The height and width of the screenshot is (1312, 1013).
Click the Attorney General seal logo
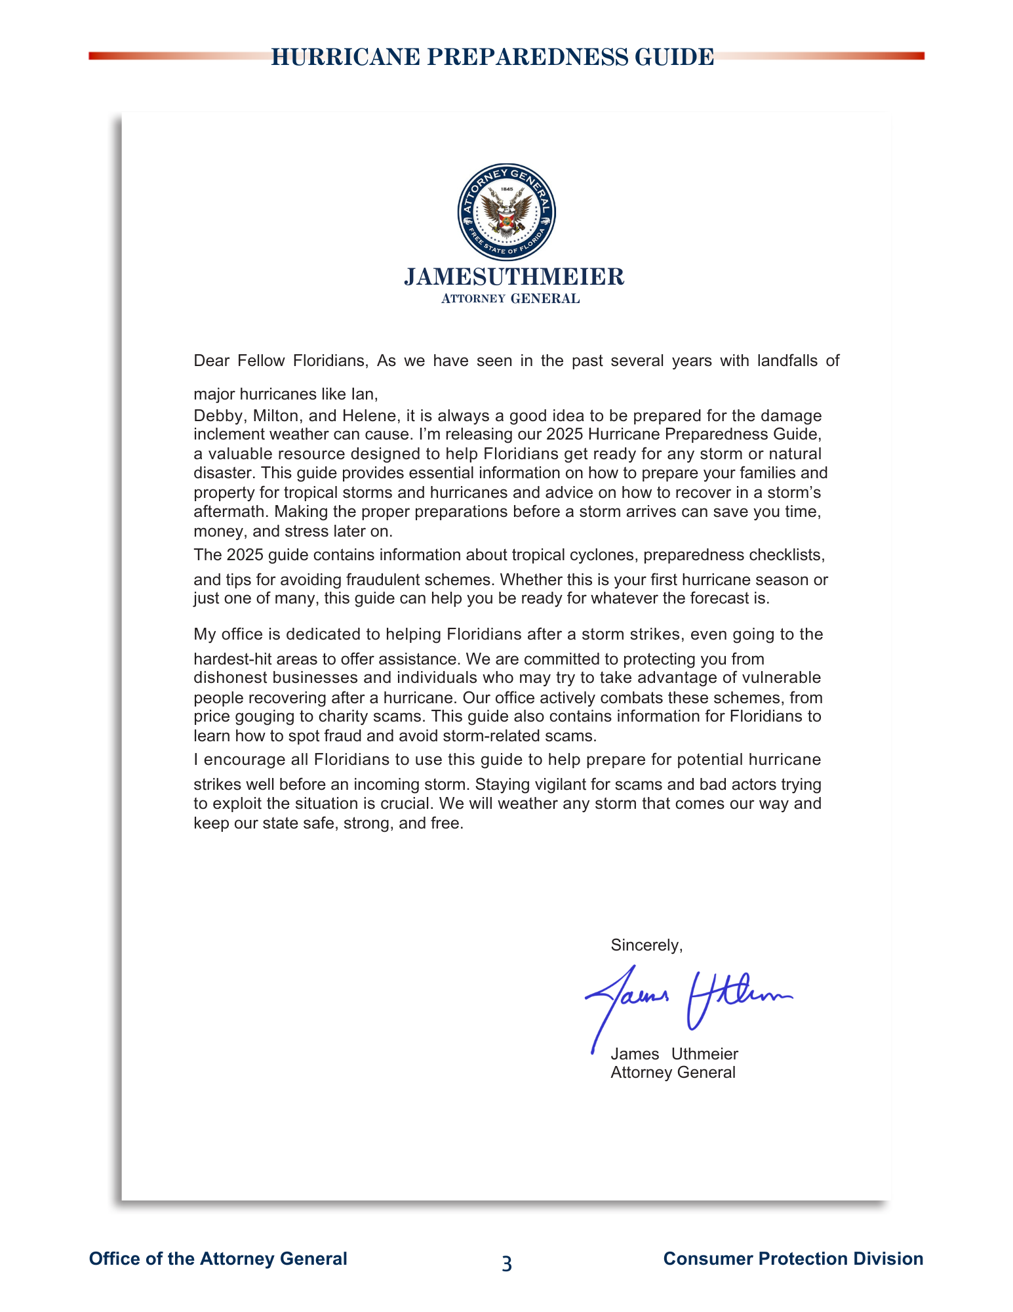click(506, 212)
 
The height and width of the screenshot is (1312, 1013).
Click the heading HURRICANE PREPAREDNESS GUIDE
click(492, 57)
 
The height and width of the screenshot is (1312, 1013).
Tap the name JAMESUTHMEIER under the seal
click(513, 277)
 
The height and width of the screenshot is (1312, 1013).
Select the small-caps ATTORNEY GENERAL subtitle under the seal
click(510, 299)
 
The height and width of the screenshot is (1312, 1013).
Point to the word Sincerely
click(646, 945)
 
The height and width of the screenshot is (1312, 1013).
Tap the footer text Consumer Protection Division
click(793, 1258)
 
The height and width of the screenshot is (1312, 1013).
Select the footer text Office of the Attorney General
click(218, 1258)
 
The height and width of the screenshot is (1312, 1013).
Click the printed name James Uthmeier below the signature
click(674, 1054)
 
